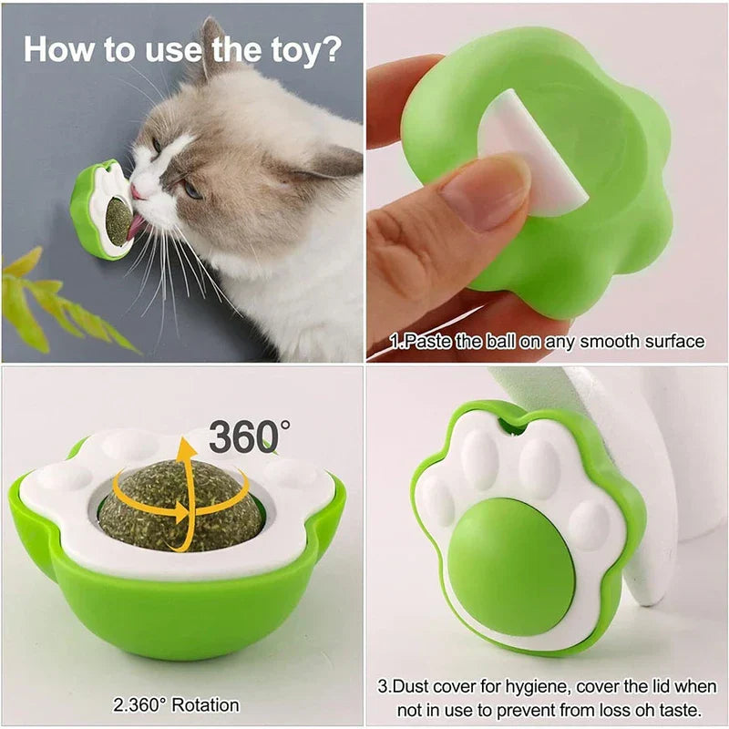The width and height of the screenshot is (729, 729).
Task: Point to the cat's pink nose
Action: coord(136,190)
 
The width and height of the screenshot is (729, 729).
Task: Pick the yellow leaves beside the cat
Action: coord(55,301)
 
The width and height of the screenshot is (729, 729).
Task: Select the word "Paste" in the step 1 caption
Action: coord(424,342)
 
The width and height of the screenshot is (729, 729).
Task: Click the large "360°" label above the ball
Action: coord(248,436)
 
